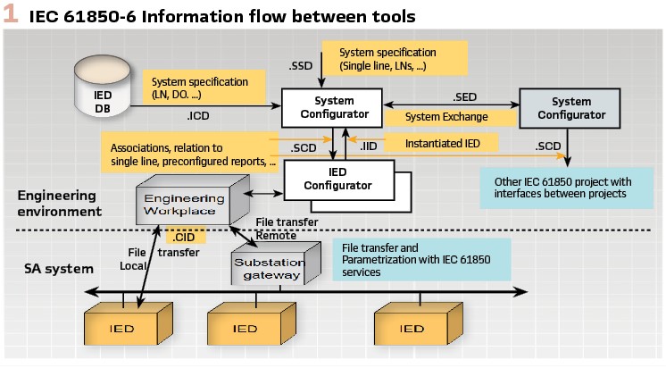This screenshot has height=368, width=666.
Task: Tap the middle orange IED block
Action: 250,328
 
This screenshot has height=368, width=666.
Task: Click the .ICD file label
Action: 198,115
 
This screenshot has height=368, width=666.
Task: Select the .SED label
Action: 465,96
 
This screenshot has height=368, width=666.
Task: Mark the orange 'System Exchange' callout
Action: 446,117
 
